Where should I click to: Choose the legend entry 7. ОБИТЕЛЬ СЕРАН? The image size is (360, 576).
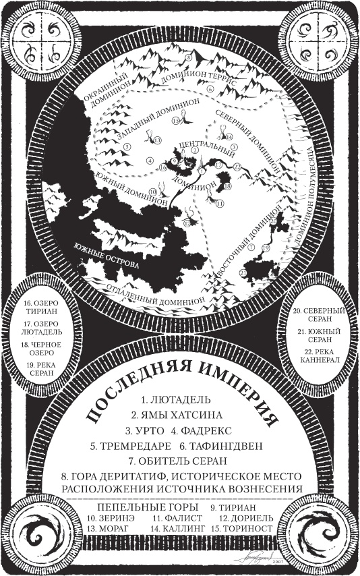click(x=180, y=461)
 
